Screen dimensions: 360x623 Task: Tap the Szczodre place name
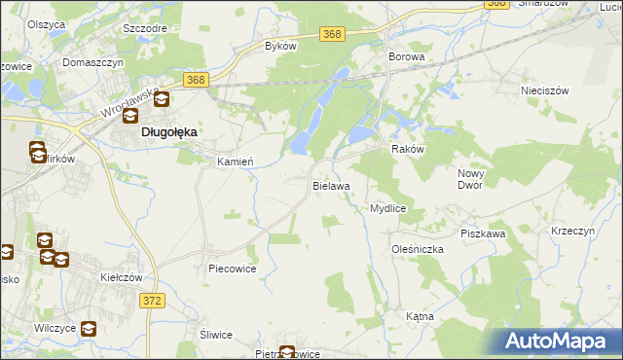click(141, 28)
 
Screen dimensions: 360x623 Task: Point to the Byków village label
click(280, 46)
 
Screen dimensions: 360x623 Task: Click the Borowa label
click(407, 57)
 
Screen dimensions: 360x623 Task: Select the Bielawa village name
click(331, 184)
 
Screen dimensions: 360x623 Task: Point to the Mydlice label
click(387, 208)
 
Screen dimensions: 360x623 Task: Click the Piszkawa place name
click(483, 234)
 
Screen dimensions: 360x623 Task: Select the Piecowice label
click(232, 268)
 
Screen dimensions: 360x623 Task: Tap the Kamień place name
click(235, 162)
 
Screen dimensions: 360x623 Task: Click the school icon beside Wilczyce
click(90, 330)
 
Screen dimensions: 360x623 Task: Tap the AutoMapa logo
click(562, 342)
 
